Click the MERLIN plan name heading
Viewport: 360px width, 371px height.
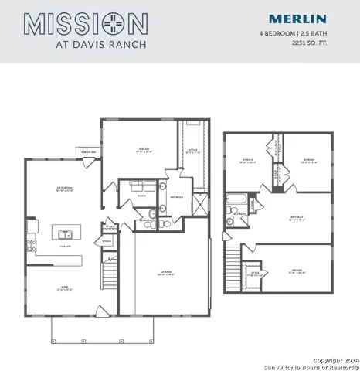pos(298,19)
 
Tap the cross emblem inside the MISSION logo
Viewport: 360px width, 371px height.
pos(107,22)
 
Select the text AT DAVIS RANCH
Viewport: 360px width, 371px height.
pos(86,44)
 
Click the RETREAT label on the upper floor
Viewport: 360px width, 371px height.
pos(296,219)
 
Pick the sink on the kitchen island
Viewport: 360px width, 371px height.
pos(65,233)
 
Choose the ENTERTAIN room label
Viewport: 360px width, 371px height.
pos(64,188)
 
